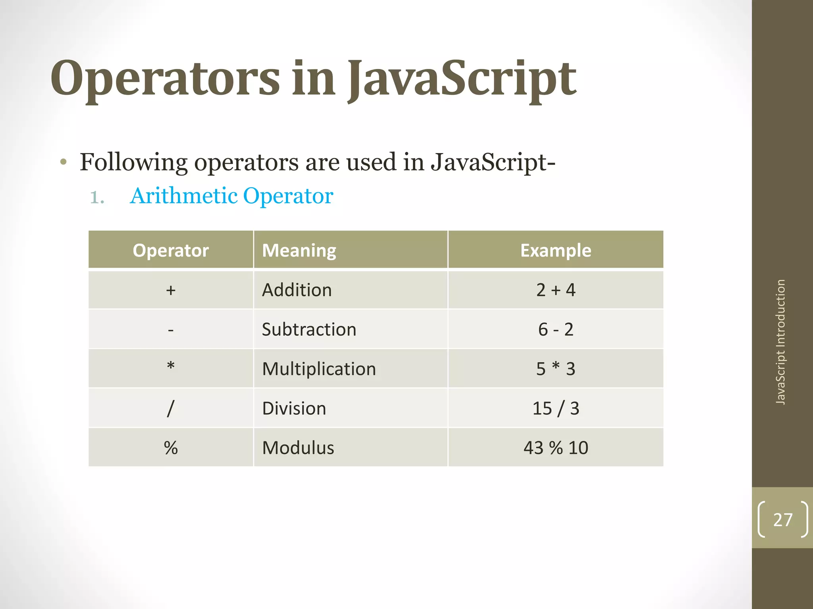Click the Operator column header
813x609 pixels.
(171, 250)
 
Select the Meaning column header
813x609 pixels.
(299, 250)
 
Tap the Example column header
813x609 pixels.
(555, 250)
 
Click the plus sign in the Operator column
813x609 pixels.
(171, 290)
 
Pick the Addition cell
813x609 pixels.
(297, 290)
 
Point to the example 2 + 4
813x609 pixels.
(555, 290)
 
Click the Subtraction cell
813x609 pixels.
(309, 329)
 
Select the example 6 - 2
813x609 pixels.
(555, 329)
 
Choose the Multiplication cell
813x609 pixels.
(319, 369)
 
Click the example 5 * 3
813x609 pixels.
(555, 369)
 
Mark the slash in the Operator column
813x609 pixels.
(171, 408)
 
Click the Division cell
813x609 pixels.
(294, 408)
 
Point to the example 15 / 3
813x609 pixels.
(555, 408)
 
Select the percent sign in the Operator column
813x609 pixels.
(171, 448)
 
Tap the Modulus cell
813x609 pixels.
(298, 448)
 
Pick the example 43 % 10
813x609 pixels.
(555, 448)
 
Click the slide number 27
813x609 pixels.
(782, 519)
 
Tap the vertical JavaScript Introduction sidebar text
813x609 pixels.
(780, 342)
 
